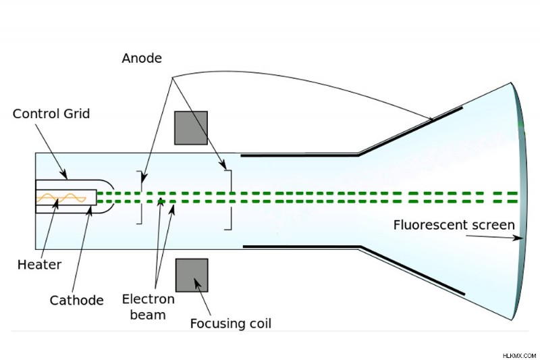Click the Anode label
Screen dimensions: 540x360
(142, 58)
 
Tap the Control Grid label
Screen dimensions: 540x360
(51, 113)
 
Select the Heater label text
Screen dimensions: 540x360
(39, 265)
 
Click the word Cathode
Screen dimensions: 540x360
(76, 301)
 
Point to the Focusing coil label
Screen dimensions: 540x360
(231, 324)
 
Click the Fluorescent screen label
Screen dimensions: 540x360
(454, 225)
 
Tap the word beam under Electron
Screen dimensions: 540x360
(148, 315)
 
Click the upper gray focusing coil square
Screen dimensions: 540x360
(191, 128)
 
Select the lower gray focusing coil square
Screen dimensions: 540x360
(192, 276)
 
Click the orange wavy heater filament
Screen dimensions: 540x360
(61, 198)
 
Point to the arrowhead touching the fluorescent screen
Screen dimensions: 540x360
(517, 238)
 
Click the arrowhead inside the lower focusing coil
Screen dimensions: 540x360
(198, 284)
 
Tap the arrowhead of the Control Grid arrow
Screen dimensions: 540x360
(63, 174)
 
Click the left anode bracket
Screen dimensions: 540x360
(141, 197)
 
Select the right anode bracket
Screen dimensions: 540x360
(231, 200)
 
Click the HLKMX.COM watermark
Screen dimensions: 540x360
(519, 355)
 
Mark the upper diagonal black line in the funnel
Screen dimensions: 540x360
(410, 131)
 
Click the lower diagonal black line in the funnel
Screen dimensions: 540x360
(412, 271)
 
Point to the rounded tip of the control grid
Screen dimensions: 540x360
(112, 197)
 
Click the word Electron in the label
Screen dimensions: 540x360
(148, 299)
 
